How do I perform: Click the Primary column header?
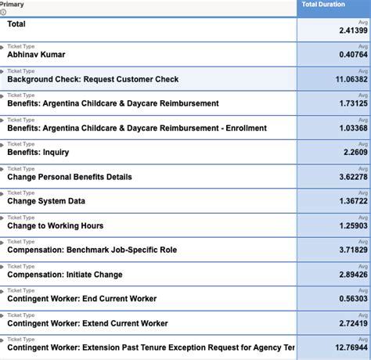13,5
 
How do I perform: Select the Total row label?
16,24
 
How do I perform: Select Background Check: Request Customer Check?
92,79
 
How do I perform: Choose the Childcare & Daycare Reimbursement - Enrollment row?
136,128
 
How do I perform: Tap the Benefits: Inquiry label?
38,152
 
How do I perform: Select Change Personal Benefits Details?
70,177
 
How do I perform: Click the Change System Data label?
47,201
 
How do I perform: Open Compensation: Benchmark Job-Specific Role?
92,250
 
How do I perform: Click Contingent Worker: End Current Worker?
81,298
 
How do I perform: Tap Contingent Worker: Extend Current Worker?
87,322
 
